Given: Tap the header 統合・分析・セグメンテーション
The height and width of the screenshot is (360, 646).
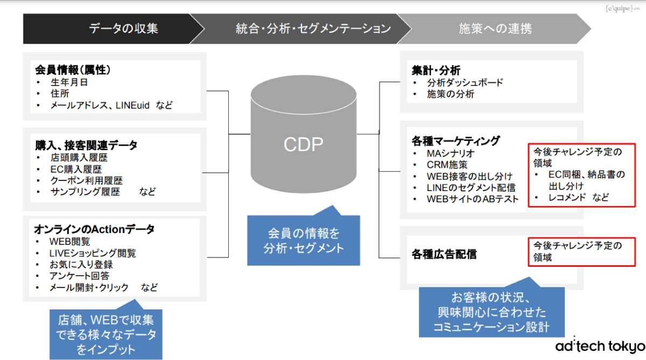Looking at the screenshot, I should point(313,29).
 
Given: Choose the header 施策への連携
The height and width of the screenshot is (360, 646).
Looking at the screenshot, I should point(495,29).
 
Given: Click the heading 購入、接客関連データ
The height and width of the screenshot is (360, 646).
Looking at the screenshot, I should point(86,145).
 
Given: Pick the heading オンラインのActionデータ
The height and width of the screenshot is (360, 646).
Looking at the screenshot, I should point(94,229).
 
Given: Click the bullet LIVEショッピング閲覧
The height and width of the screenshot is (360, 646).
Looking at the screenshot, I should point(93,253).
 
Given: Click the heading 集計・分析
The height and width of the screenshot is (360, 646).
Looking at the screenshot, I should point(436,70).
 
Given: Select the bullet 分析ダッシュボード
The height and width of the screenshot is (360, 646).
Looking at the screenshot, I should point(465,83).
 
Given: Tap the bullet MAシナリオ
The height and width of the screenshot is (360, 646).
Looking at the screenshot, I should point(451,153).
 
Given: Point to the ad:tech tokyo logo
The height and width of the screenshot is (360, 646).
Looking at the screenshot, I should point(600,345).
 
